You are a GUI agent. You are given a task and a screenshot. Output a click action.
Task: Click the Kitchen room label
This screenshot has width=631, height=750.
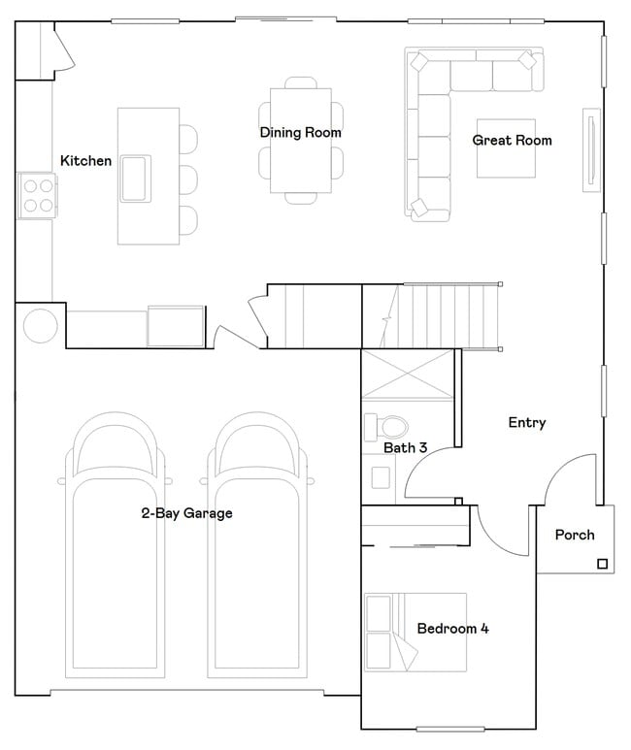coord(85,161)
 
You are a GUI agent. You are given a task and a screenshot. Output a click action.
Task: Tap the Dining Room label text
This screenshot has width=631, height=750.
coord(300,133)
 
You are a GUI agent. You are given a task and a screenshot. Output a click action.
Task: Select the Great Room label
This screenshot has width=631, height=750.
coord(512,141)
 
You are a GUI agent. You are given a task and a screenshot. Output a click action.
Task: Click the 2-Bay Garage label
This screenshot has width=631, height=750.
coord(186,513)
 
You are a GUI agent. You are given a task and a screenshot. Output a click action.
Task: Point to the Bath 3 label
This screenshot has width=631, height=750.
coord(405,448)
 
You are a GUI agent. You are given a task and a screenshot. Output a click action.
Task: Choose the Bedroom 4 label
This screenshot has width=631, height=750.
coord(452,629)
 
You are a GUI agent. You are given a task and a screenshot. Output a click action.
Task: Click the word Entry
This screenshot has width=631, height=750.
coord(526,423)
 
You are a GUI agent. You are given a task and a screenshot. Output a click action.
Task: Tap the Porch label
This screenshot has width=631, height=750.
coord(575,535)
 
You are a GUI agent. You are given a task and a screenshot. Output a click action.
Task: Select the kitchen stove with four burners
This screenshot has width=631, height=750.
coord(37,195)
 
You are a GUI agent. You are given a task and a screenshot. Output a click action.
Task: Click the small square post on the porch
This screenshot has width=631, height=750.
coord(602,564)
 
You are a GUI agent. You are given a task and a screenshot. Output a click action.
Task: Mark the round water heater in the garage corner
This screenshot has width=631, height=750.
coord(41,325)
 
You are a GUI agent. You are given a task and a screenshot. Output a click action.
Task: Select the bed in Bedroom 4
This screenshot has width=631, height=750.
coord(415,632)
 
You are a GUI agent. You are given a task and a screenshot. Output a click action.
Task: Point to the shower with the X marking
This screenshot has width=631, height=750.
coord(407,375)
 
